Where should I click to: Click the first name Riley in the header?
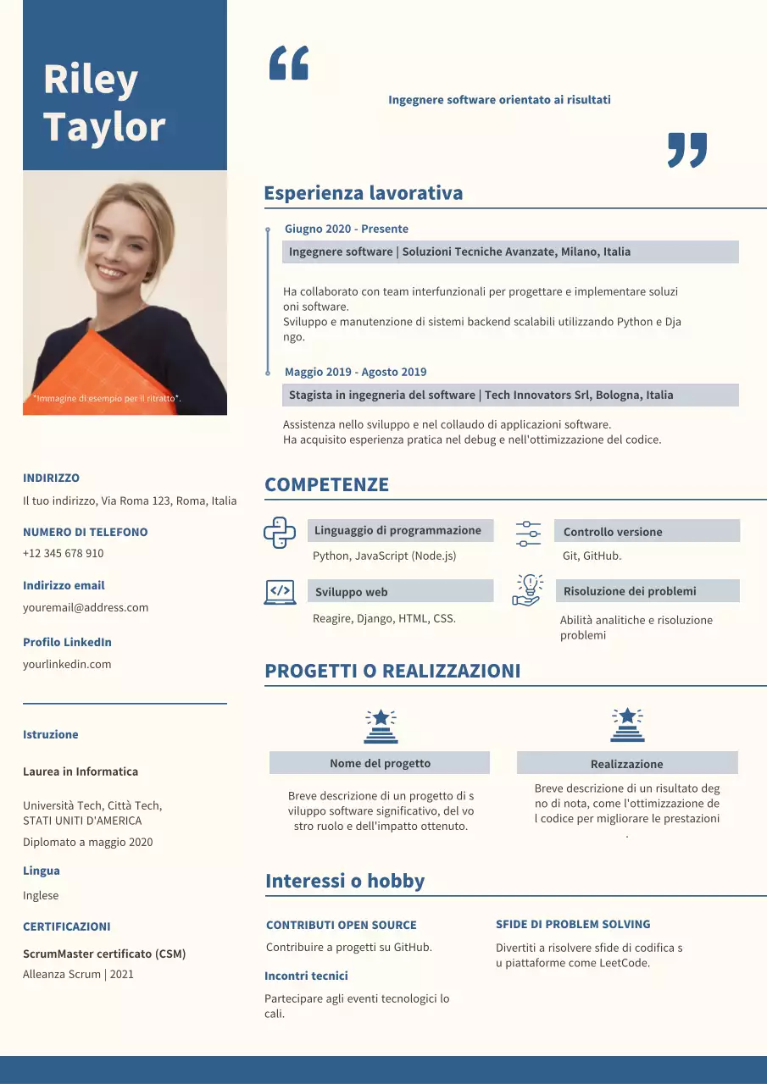pyautogui.click(x=91, y=80)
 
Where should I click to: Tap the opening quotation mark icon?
pyautogui.click(x=288, y=64)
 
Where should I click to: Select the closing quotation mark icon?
pyautogui.click(x=686, y=150)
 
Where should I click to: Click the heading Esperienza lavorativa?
pyautogui.click(x=364, y=193)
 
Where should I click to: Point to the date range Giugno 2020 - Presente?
pyautogui.click(x=347, y=229)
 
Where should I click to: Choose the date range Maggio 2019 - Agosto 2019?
pyautogui.click(x=356, y=372)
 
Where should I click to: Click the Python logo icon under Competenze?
pyautogui.click(x=280, y=533)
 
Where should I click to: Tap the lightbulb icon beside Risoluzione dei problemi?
pyautogui.click(x=527, y=589)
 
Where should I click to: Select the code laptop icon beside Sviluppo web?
pyautogui.click(x=280, y=592)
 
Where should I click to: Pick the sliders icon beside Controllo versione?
pyautogui.click(x=528, y=534)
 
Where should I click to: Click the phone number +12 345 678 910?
pyautogui.click(x=64, y=553)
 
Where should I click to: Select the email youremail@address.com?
pyautogui.click(x=86, y=607)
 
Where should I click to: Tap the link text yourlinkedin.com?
pyautogui.click(x=67, y=664)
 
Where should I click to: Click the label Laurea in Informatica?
pyautogui.click(x=81, y=772)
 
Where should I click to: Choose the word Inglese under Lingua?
pyautogui.click(x=41, y=895)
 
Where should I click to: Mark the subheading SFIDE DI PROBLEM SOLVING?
pyautogui.click(x=573, y=924)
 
